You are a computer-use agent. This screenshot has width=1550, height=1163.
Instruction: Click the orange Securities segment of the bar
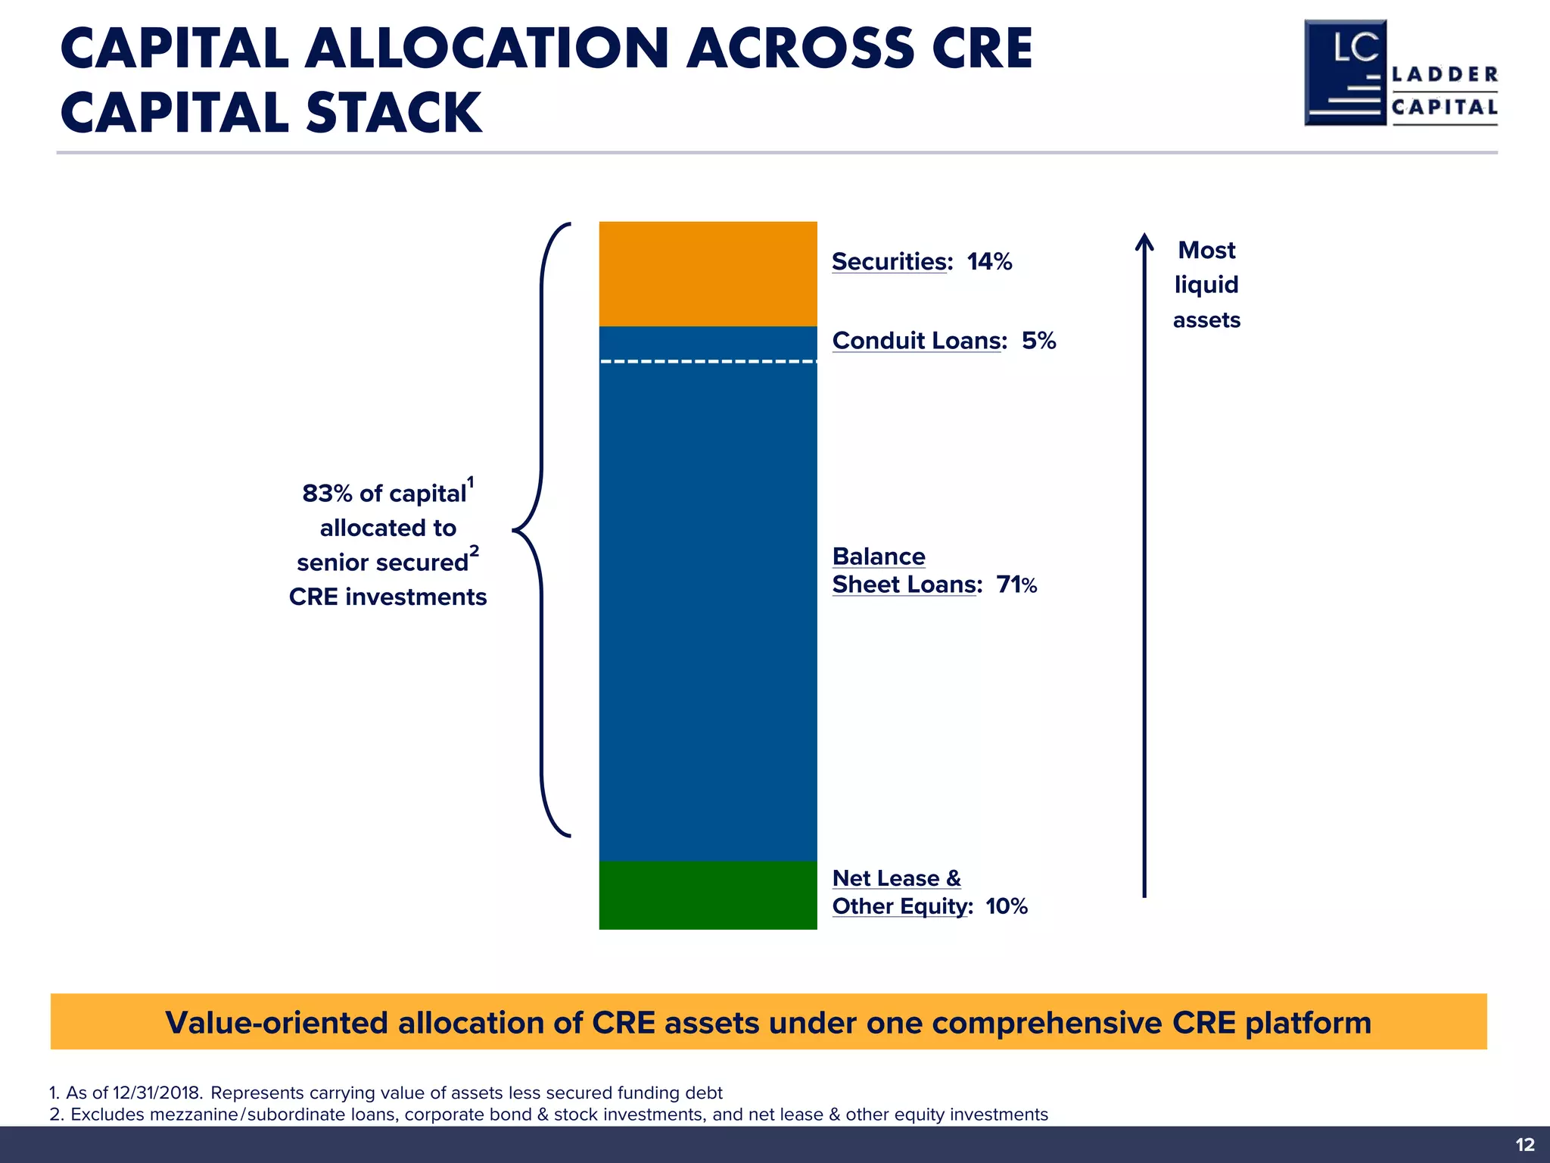click(x=708, y=273)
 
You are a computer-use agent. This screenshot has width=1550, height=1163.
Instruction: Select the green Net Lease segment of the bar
click(x=708, y=895)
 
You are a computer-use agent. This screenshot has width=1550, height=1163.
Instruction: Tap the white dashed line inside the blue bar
click(x=708, y=362)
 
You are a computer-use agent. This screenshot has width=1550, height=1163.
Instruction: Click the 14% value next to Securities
click(x=989, y=262)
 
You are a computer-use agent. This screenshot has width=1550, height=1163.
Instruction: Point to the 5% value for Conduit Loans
click(x=1038, y=341)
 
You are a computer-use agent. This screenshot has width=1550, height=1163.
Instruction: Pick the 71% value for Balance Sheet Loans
click(x=1016, y=585)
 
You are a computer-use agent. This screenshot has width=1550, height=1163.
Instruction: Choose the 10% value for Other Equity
click(x=1007, y=906)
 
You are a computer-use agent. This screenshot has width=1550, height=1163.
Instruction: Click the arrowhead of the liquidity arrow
click(x=1144, y=241)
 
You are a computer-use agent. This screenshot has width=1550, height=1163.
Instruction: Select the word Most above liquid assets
click(x=1206, y=250)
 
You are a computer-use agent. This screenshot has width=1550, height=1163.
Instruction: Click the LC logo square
click(x=1346, y=73)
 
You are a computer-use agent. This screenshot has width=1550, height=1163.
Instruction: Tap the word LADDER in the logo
click(x=1445, y=74)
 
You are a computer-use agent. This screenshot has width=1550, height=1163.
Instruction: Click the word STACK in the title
click(x=394, y=113)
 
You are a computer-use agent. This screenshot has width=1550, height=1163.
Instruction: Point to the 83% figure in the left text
click(x=327, y=494)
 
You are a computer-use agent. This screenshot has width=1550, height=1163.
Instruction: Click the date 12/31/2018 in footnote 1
click(x=157, y=1093)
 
